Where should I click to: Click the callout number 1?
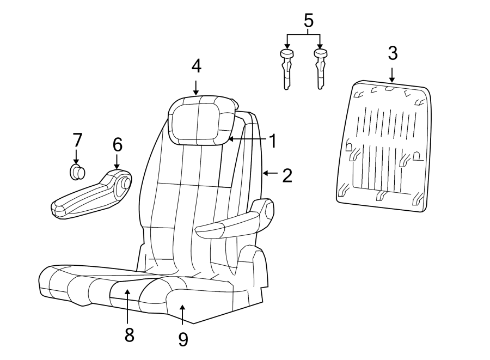click(273, 141)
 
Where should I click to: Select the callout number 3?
click(393, 53)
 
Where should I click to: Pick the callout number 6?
click(118, 144)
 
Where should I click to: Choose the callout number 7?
click(76, 140)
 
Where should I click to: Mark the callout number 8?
click(129, 334)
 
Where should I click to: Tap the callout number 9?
click(183, 339)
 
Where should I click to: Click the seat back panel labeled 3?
click(384, 144)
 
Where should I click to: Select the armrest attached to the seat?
click(234, 223)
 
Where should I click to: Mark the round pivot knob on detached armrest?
click(125, 184)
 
